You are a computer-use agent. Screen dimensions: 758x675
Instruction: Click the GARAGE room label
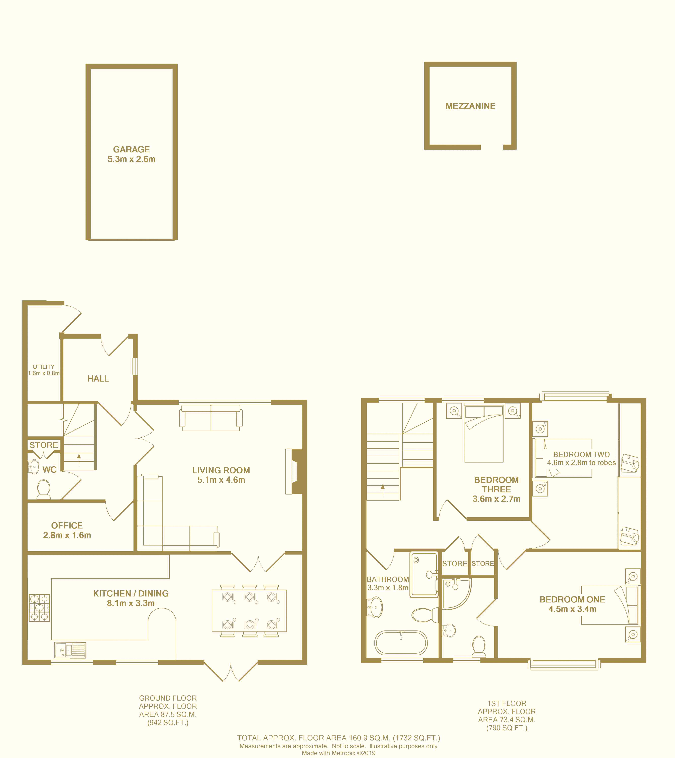132,149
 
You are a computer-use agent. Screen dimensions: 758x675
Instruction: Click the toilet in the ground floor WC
44,490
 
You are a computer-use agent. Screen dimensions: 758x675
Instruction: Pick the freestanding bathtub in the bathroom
401,643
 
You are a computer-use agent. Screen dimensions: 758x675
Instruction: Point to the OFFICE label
67,526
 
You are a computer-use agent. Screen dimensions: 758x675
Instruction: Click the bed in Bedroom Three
484,434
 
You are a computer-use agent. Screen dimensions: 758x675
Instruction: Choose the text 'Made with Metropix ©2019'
338,753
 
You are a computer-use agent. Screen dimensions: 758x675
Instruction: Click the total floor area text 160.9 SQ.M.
338,738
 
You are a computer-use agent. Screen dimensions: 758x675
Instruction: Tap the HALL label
98,379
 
